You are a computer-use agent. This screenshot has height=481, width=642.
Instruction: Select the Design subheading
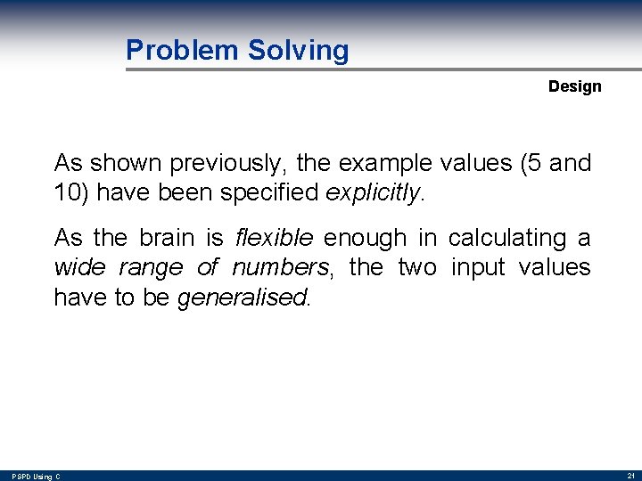coord(574,86)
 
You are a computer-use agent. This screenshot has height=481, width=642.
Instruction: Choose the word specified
coord(278,192)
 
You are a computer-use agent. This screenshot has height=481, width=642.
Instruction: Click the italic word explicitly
coord(373,192)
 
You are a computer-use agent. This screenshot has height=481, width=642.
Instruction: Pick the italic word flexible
coord(274,238)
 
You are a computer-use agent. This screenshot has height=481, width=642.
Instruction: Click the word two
coord(417,267)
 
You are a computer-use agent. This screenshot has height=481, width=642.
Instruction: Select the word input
coord(481,267)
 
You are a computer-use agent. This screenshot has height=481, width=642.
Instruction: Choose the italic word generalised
coord(243,298)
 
